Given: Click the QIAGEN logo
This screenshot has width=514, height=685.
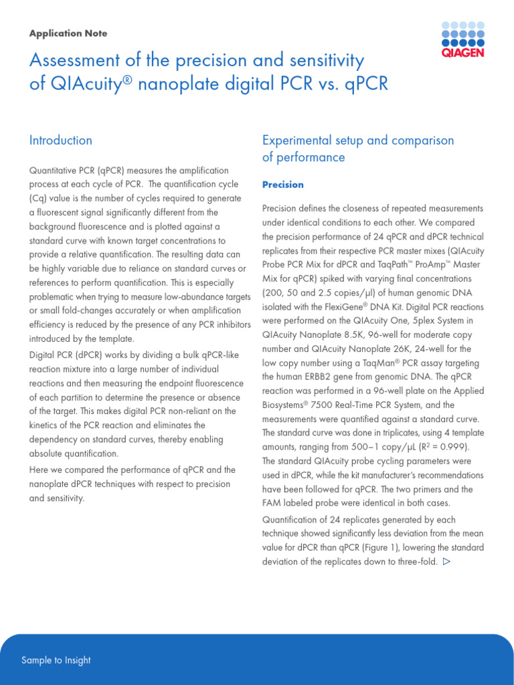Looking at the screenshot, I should pos(462,39).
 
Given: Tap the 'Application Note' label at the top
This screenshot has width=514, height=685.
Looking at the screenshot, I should pos(68,33).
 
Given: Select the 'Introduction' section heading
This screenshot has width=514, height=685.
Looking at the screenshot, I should pos(61,140).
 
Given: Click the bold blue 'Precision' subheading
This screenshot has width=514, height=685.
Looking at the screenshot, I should pos(283,185).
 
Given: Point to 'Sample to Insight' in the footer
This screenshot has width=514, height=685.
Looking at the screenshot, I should pos(56,660).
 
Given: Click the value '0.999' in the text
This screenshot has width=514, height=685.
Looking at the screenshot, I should pos(455,447).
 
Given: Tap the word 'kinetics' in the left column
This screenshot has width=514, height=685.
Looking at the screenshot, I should pos(44,425).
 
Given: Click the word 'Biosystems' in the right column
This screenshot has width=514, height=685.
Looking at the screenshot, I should pos(287,405).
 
